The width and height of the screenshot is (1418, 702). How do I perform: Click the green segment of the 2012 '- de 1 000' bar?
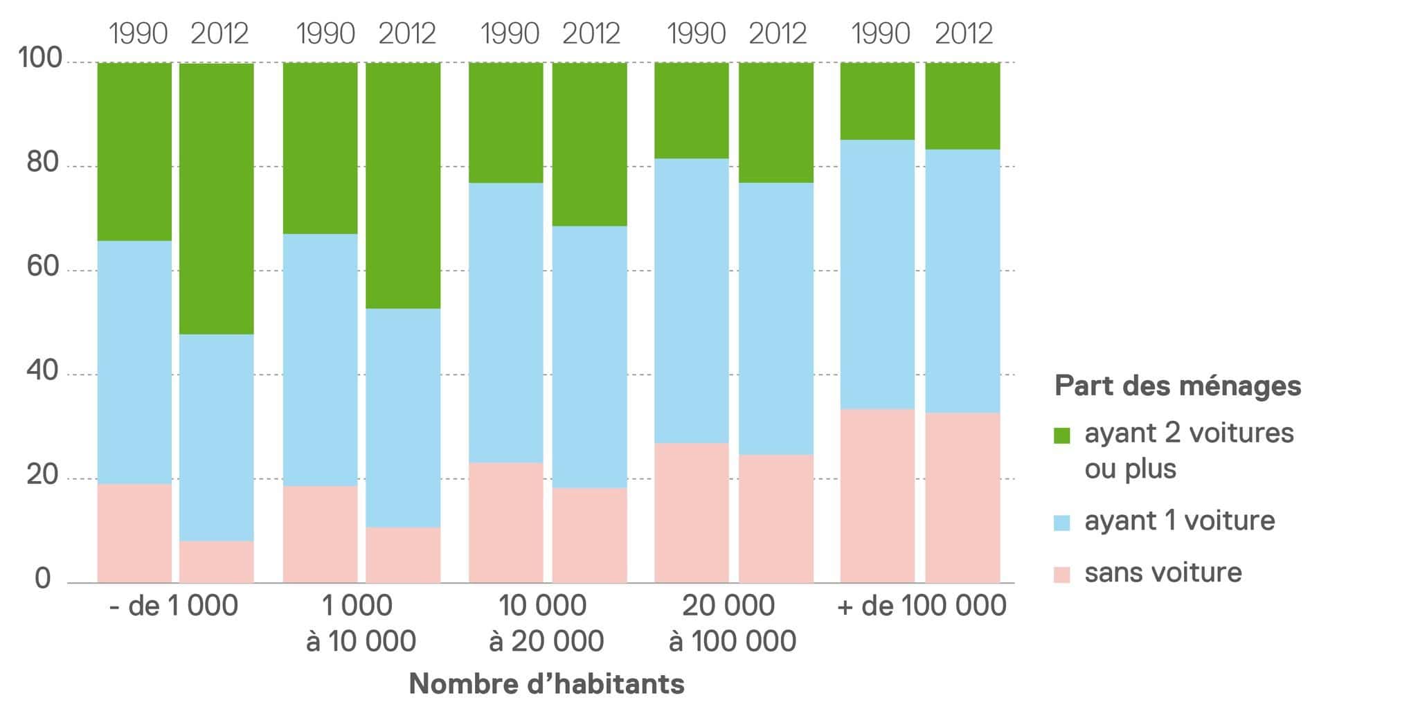(216, 199)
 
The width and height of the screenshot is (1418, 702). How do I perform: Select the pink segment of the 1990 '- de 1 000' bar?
(134, 533)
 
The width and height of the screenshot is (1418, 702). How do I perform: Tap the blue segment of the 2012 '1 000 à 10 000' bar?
(403, 417)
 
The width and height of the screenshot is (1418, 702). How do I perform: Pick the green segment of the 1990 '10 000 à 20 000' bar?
(506, 123)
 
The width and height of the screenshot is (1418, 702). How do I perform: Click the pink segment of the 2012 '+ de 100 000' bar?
(962, 497)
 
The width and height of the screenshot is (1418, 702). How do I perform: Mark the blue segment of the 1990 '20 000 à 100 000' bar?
(692, 300)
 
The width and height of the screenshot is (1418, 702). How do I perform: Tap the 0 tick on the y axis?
(43, 579)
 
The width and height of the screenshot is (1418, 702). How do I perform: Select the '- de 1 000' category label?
(174, 606)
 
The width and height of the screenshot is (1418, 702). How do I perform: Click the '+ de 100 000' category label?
(922, 606)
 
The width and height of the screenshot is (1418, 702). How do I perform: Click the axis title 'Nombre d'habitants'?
(546, 684)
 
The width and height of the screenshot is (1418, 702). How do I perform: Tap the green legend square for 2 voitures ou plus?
(1061, 435)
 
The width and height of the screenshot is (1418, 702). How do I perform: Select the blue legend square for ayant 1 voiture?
(1061, 522)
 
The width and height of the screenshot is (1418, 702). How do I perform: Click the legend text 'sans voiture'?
(1163, 573)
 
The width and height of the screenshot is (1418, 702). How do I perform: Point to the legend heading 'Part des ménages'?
(1177, 386)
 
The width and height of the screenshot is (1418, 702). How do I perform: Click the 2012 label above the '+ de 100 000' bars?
(964, 33)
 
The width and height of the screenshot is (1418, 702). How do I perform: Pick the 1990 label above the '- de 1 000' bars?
(138, 33)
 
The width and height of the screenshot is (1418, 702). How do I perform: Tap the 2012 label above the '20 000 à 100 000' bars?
(778, 33)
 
